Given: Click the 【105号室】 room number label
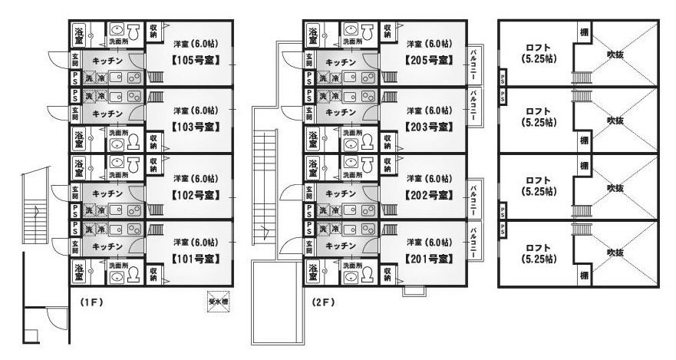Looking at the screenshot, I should pos(194,59).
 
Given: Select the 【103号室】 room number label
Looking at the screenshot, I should pos(194,126).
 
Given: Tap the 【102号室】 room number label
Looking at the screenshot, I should pos(194,193).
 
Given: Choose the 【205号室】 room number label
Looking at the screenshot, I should pos(428,59).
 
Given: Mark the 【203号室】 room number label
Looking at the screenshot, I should pos(428,126).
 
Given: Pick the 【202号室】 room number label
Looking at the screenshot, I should pos(428,193).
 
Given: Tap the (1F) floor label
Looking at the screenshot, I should pos(91,302).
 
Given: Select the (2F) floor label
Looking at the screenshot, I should pos(324,302).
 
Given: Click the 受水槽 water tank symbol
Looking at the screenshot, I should pos(219,302).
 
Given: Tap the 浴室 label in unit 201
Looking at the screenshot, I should pos(313,271).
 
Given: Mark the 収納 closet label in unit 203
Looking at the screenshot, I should pos(387,141).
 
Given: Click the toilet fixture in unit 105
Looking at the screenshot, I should pos(132,32).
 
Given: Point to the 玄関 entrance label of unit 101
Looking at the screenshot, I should pos(74,246).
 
